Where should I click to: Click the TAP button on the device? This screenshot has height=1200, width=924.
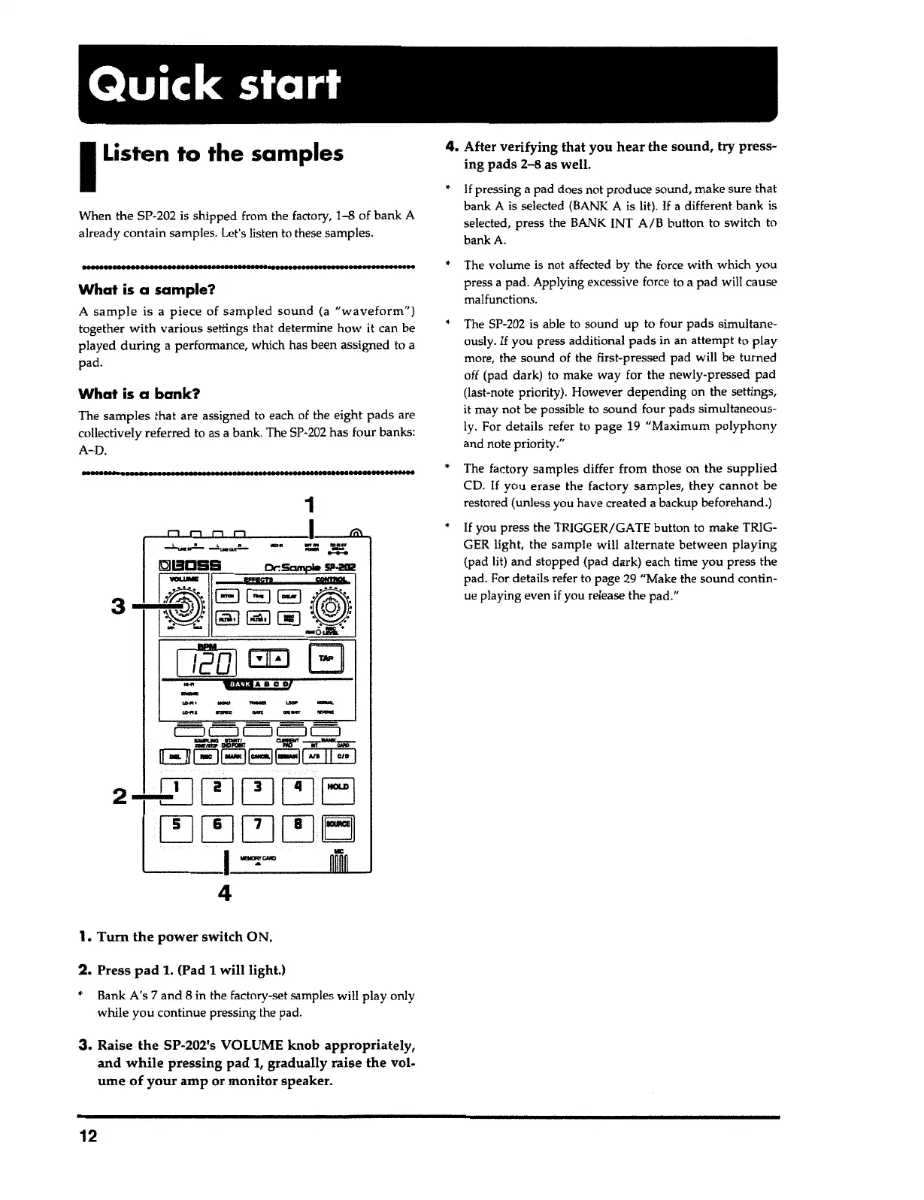(x=326, y=658)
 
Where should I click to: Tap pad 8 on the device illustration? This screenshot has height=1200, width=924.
(x=297, y=824)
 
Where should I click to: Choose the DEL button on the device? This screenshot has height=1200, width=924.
(x=175, y=756)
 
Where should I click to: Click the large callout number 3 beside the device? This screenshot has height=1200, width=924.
(x=118, y=606)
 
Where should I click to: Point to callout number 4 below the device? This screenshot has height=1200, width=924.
(x=224, y=893)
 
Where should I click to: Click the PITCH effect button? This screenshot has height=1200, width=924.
(x=227, y=596)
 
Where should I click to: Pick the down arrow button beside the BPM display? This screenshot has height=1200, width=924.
(x=259, y=659)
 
